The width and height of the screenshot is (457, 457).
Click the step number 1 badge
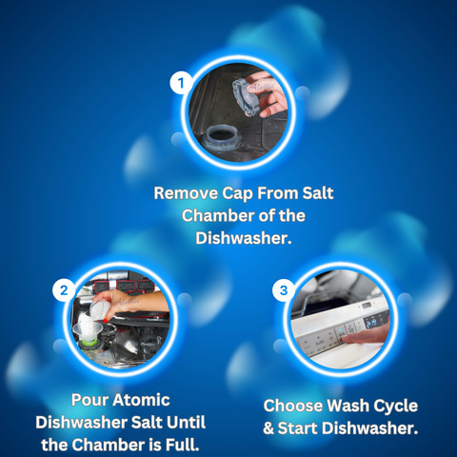coord(181,83)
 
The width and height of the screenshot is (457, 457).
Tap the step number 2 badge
coord(64,290)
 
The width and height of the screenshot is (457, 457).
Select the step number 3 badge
coord(284,290)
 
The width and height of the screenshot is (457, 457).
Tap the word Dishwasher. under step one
coord(244,238)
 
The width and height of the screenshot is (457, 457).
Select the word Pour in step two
coord(89,400)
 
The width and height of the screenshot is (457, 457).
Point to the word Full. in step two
coord(183,445)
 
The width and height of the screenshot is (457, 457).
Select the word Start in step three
coord(300,428)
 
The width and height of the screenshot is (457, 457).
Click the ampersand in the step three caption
coord(268,428)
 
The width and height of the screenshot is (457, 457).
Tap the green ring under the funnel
coord(89,342)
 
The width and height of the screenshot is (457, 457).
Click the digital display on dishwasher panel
coord(371,323)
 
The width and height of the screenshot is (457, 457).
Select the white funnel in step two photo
coord(88,329)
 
